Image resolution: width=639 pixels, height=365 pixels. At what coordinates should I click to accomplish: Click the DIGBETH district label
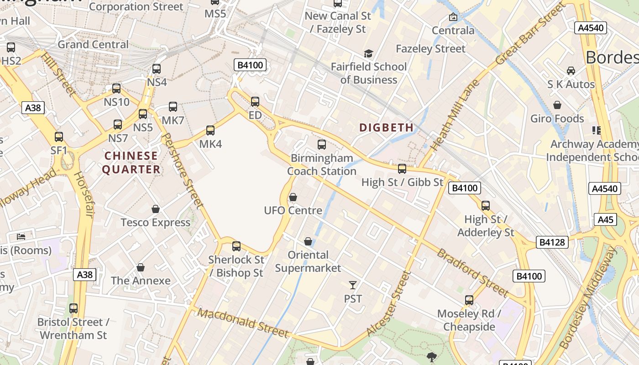(x=386, y=127)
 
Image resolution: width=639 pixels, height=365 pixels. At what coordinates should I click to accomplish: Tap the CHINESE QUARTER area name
(x=131, y=162)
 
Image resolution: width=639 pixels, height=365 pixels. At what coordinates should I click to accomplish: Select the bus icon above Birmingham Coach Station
(x=322, y=145)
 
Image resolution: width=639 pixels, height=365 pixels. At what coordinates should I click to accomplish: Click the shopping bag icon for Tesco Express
(x=156, y=209)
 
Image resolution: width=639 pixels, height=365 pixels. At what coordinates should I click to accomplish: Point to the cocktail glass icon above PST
(x=353, y=285)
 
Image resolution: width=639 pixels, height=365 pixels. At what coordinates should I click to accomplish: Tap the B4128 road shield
(x=552, y=242)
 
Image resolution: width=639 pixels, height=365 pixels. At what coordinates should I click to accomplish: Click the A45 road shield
(x=606, y=219)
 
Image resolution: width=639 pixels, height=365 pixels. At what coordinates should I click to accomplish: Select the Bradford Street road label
(x=472, y=272)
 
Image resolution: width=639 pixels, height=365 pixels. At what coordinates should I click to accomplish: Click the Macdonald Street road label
(x=244, y=323)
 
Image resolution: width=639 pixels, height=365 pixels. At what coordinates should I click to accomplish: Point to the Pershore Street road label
(x=183, y=171)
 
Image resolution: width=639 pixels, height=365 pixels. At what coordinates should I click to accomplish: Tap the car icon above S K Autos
(x=571, y=70)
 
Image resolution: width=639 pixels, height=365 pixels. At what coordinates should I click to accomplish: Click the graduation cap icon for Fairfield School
(x=368, y=54)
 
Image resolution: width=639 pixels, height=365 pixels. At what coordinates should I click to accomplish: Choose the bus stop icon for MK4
(x=210, y=130)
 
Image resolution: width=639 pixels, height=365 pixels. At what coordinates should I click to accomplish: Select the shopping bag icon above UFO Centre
(x=293, y=197)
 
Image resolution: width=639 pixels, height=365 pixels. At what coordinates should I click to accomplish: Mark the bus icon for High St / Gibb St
(x=402, y=169)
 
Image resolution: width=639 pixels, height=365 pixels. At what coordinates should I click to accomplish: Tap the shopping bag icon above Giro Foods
(x=557, y=105)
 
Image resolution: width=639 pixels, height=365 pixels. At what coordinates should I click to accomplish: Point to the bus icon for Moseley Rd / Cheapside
(x=469, y=300)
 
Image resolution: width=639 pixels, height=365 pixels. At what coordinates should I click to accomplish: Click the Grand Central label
(x=93, y=44)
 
